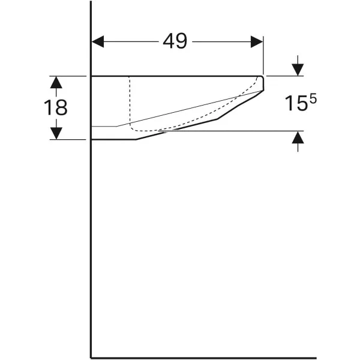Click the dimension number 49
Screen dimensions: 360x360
coord(175,41)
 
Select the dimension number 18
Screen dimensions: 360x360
coord(56,107)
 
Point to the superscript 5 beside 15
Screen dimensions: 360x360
coord(313,99)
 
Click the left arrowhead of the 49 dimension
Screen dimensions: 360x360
coord(98,41)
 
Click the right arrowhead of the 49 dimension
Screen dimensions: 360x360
coord(257,42)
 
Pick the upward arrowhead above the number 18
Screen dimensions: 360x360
coord(56,82)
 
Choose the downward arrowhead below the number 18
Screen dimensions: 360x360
coord(56,133)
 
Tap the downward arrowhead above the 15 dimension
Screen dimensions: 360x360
coord(298,70)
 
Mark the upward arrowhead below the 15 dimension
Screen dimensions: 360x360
coord(298,137)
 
